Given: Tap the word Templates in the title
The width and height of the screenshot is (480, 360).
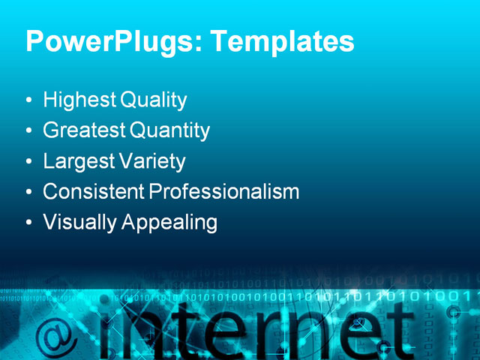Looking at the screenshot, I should tap(282, 42).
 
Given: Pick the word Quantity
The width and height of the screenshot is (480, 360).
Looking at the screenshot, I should tap(170, 131).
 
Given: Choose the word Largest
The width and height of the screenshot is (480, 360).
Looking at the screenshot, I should tap(78, 162).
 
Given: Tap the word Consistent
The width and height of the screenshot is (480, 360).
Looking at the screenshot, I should tap(94, 192).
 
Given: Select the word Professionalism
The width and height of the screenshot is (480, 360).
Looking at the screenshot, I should tap(224, 192).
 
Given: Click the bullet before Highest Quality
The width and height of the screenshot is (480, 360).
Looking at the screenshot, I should tap(28, 100).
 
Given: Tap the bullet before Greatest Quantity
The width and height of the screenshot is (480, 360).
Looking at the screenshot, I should tap(28, 131).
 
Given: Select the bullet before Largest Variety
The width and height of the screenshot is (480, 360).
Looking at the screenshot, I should tap(28, 162).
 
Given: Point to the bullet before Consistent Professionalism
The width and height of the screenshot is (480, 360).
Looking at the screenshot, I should tap(28, 193).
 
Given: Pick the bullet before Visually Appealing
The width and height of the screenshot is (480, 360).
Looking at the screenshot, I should tap(28, 223).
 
